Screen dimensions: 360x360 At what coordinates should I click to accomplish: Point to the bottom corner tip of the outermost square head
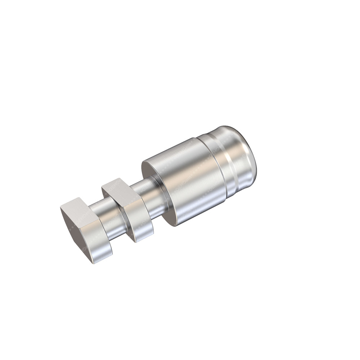click(x=94, y=263)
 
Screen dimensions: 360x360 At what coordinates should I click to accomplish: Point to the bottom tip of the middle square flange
click(x=136, y=242)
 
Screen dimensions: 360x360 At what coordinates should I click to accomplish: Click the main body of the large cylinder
click(x=187, y=180)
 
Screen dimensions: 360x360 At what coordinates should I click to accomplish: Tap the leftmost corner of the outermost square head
click(x=61, y=207)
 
